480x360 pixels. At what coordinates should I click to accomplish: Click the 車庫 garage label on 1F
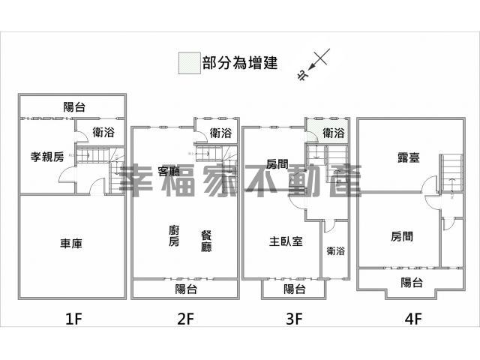(71, 244)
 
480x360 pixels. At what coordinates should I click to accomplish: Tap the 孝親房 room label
(47, 157)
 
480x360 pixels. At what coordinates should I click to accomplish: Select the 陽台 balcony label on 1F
(74, 106)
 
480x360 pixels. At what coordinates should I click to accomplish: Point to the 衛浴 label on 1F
(103, 132)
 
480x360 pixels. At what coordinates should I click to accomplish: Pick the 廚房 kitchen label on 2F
(174, 235)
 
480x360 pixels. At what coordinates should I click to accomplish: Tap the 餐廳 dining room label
(206, 241)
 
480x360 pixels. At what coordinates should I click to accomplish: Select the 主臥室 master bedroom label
(286, 241)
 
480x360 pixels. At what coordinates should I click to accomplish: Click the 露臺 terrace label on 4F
(409, 157)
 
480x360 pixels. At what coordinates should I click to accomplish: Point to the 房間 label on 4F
(402, 236)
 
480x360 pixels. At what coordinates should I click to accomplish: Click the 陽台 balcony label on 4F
(412, 282)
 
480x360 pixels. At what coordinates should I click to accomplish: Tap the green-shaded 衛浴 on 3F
(333, 133)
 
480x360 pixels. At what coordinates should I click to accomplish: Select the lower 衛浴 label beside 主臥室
(336, 251)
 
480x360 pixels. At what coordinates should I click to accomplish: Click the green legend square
(190, 63)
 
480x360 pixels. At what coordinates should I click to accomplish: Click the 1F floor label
(73, 319)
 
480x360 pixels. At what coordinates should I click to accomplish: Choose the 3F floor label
(294, 319)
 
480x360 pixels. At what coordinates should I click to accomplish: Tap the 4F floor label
(413, 319)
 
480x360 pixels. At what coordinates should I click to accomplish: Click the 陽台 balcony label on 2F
(187, 289)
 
